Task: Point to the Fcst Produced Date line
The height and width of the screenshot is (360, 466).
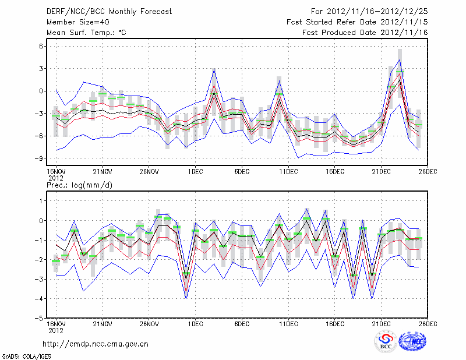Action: (x=365, y=33)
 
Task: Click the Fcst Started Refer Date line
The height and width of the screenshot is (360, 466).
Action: (x=357, y=22)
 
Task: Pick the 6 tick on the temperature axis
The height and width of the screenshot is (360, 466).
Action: (x=42, y=46)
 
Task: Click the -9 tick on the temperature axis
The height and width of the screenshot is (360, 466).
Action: (x=41, y=158)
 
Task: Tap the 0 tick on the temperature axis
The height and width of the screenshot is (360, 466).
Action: (x=42, y=91)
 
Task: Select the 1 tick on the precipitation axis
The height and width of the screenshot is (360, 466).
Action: (x=42, y=200)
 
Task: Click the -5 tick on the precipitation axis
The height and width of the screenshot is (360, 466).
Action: (x=41, y=318)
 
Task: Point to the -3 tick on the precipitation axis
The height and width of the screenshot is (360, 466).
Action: (x=41, y=279)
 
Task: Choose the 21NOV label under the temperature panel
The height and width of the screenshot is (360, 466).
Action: (x=103, y=171)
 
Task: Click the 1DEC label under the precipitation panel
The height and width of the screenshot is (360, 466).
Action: (x=195, y=324)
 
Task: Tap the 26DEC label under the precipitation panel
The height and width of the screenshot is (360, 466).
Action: (x=428, y=324)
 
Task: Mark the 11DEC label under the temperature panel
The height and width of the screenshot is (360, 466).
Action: (x=288, y=171)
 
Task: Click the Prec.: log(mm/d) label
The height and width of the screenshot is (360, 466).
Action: (x=79, y=185)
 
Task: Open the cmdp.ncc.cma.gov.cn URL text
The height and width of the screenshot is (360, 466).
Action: (x=96, y=344)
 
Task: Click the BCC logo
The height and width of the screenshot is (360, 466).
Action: (x=386, y=342)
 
